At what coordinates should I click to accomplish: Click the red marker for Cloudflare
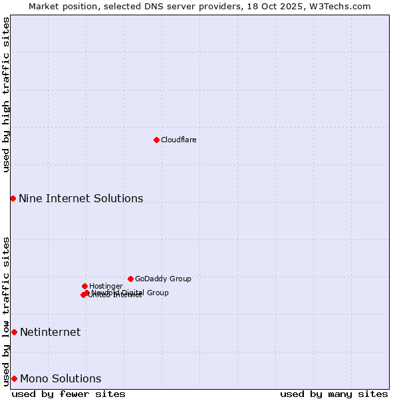(156, 140)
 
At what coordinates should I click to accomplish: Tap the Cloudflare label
(178, 140)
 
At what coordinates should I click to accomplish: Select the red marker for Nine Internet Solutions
(13, 198)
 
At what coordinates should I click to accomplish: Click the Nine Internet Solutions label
(80, 198)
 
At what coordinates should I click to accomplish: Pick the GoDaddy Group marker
(130, 279)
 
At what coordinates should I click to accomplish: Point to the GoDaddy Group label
(163, 279)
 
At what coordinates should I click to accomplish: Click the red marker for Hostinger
(84, 286)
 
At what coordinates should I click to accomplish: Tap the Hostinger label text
(106, 286)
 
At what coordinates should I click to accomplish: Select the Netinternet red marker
(14, 332)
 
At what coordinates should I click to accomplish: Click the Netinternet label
(50, 332)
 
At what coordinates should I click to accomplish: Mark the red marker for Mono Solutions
(14, 378)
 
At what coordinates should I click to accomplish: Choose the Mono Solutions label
(61, 378)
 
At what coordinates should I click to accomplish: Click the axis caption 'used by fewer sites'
(68, 394)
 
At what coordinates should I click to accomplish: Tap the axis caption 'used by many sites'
(334, 394)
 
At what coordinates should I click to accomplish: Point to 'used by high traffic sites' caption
(6, 94)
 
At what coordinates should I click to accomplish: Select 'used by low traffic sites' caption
(6, 311)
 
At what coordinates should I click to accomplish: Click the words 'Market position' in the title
(59, 6)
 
